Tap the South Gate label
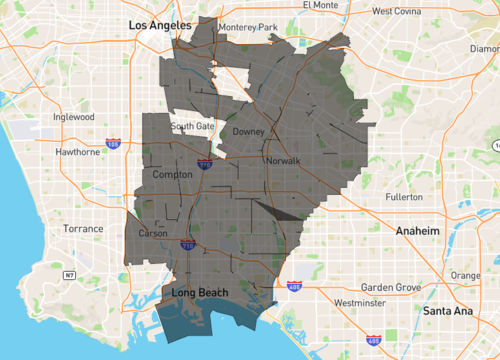192,126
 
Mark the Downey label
248,132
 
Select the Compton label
171,175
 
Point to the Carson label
153,233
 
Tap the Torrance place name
83,229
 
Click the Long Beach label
200,293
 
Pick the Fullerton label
403,197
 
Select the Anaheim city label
416,231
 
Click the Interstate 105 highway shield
113,144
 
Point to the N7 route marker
69,274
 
